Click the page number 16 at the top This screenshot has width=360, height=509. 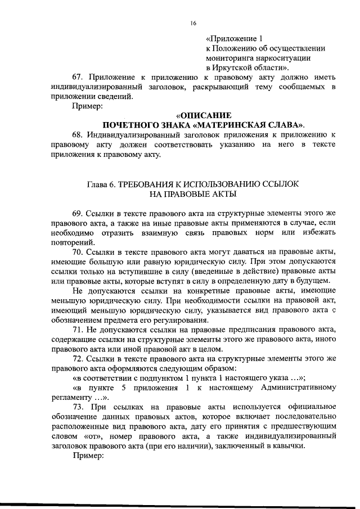click(x=193, y=23)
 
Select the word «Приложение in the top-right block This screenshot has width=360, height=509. click(x=231, y=38)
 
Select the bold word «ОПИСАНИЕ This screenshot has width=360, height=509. click(x=200, y=114)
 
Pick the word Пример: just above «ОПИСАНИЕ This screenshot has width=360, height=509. click(x=88, y=105)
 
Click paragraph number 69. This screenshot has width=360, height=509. click(x=79, y=214)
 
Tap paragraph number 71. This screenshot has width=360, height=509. click(x=79, y=328)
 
